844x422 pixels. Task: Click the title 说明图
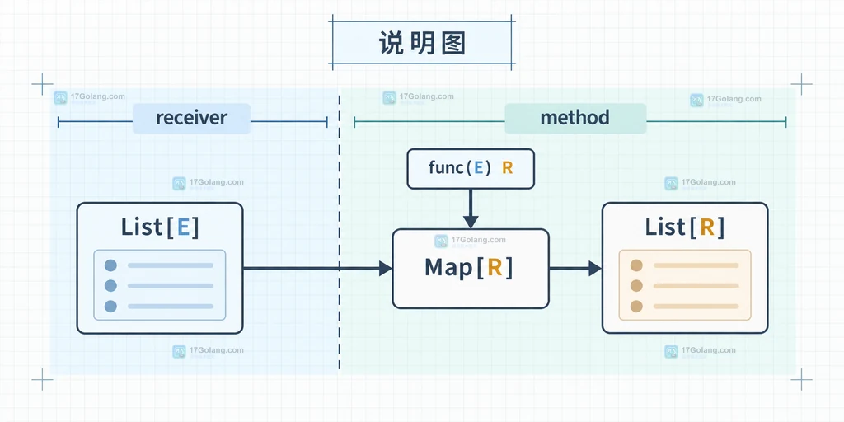[x=422, y=43]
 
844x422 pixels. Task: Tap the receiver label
[x=191, y=118]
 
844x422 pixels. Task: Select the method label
[x=574, y=117]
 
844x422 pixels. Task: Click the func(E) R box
[x=471, y=169]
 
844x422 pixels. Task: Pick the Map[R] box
[x=471, y=269]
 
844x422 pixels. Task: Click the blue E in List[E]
[x=183, y=227]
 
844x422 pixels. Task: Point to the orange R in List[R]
[x=706, y=227]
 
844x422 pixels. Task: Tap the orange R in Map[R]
[x=495, y=268]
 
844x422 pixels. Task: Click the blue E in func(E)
[x=478, y=168]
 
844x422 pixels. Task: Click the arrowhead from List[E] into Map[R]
[x=386, y=268]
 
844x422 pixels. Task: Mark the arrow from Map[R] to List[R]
[x=575, y=268]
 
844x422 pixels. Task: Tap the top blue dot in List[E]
[x=110, y=265]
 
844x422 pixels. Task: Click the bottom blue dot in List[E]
[x=110, y=307]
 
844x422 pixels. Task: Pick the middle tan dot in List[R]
[x=636, y=286]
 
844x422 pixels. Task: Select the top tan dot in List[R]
[x=636, y=265]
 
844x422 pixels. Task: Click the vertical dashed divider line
[x=339, y=232]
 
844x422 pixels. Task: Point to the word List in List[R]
[x=665, y=227]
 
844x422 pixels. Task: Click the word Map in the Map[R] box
[x=448, y=268]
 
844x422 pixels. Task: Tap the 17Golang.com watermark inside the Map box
[x=471, y=241]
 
